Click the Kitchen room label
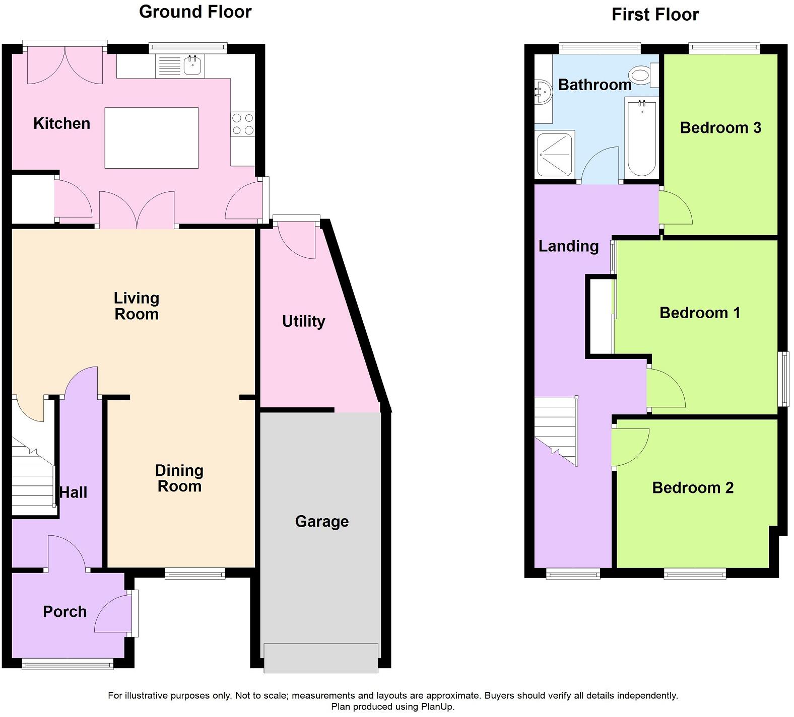pyautogui.click(x=61, y=123)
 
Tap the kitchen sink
pyautogui.click(x=193, y=65)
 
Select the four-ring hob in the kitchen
pyautogui.click(x=243, y=124)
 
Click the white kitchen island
pyautogui.click(x=151, y=137)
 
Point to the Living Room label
pyautogui.click(x=137, y=306)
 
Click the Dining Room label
pyautogui.click(x=179, y=478)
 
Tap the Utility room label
pyautogui.click(x=303, y=321)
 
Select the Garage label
pyautogui.click(x=321, y=521)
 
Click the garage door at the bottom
pyautogui.click(x=321, y=658)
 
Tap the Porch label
pyautogui.click(x=64, y=611)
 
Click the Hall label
pyautogui.click(x=74, y=492)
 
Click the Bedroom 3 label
pyautogui.click(x=720, y=128)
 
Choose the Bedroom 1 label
pyautogui.click(x=699, y=313)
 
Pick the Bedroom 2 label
pyautogui.click(x=692, y=487)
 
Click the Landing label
pyautogui.click(x=568, y=246)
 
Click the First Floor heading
pyautogui.click(x=655, y=15)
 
